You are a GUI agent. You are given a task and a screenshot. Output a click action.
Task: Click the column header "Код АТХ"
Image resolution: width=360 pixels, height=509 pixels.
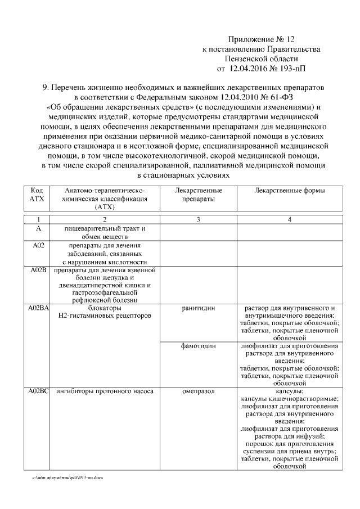pos(38,195)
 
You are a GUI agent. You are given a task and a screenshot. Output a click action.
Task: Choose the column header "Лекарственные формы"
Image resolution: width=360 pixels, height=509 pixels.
pos(289,191)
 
